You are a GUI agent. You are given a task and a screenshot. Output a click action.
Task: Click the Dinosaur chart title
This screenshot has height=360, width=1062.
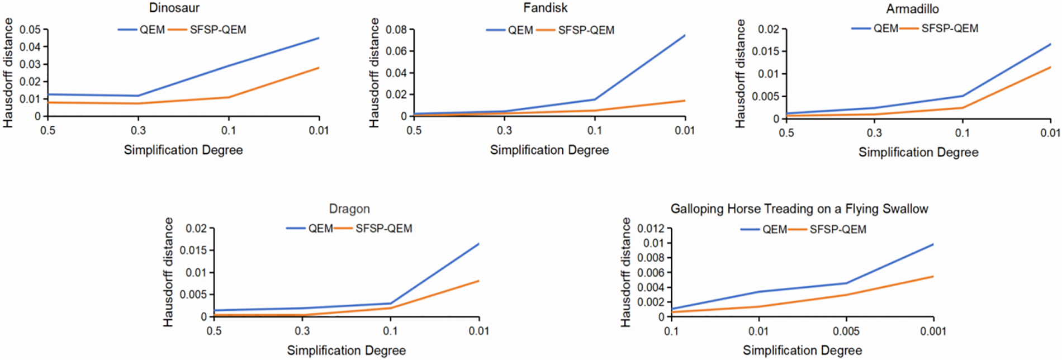coord(174,8)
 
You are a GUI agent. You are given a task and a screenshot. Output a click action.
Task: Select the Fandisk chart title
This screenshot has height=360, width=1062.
coord(545,8)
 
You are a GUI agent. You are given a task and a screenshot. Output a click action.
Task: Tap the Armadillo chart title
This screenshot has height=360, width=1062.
coord(912,9)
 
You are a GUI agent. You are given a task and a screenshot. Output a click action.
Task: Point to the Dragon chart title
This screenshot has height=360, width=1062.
coord(349,209)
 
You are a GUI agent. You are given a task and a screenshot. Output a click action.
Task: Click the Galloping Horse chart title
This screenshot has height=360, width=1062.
coord(799,209)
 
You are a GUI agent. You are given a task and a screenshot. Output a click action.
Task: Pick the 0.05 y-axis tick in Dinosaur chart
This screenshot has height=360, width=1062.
coord(30,30)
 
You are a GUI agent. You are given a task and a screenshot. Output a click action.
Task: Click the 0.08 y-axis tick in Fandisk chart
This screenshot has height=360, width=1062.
coord(396,30)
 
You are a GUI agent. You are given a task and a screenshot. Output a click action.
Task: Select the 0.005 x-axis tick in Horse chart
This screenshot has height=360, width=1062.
coord(846,331)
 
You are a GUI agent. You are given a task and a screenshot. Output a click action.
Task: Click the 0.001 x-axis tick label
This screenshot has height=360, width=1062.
coord(933,331)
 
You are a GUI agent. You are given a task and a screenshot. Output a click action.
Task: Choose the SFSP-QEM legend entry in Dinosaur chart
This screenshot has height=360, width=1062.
coord(217,30)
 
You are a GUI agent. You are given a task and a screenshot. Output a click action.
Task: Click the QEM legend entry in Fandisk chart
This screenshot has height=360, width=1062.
coord(520,30)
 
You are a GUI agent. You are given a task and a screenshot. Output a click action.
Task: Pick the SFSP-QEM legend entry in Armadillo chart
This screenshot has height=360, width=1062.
coord(949,29)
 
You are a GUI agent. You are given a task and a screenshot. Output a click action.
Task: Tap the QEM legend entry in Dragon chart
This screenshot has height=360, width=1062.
coord(320,229)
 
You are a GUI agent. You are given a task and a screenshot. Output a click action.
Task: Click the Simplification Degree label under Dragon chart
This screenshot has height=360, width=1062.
coord(346,350)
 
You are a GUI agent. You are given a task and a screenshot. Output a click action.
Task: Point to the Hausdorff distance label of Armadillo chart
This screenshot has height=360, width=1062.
coord(740,73)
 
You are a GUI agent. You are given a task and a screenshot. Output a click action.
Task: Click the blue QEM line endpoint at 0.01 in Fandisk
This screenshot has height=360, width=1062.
coord(685,36)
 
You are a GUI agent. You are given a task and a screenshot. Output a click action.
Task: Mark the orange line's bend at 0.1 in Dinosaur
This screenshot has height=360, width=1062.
coord(229,97)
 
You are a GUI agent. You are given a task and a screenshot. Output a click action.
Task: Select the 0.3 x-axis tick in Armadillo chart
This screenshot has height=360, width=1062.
coord(874,133)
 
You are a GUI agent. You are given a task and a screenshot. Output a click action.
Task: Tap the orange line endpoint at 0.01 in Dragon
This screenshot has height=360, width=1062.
coord(478,281)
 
